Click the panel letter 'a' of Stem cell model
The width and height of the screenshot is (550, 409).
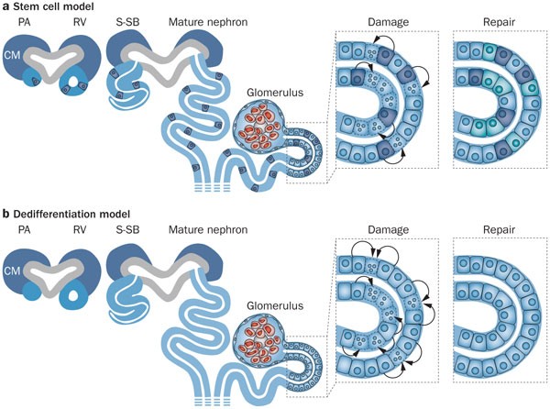tap(5, 8)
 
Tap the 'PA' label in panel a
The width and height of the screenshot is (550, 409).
tap(24, 21)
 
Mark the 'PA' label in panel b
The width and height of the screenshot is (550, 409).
tap(24, 230)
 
